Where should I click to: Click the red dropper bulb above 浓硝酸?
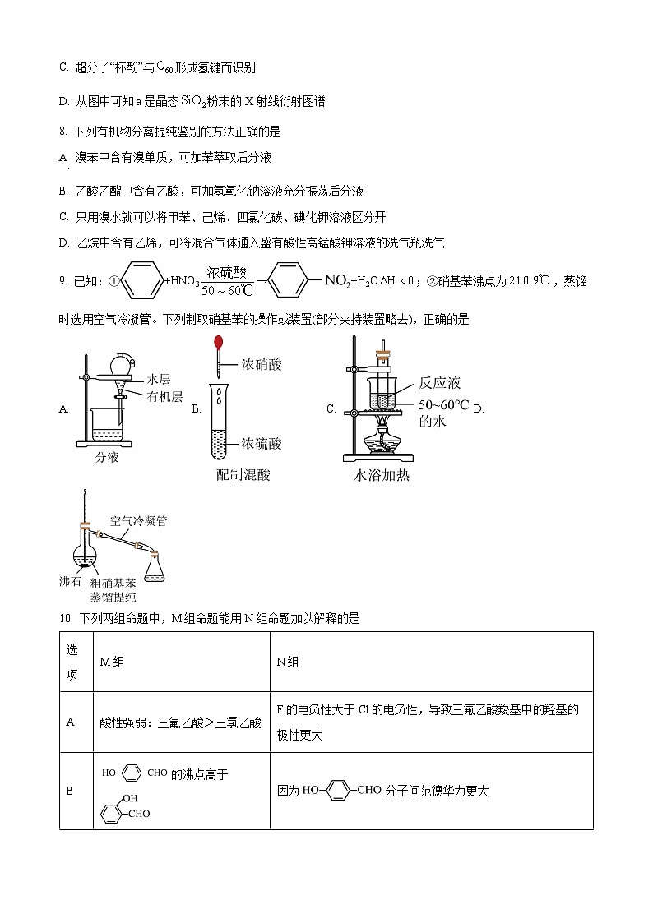coord(218,342)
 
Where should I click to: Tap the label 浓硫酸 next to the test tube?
coord(262,444)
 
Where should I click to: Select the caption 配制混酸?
coord(243,474)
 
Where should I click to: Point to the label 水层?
coord(159,379)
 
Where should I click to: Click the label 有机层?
coord(164,396)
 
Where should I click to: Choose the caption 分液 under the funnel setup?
coord(107,457)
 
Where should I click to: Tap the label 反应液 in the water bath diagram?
coord(440,382)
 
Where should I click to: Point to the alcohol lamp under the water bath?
coord(382,438)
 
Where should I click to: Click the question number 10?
coord(66,618)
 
